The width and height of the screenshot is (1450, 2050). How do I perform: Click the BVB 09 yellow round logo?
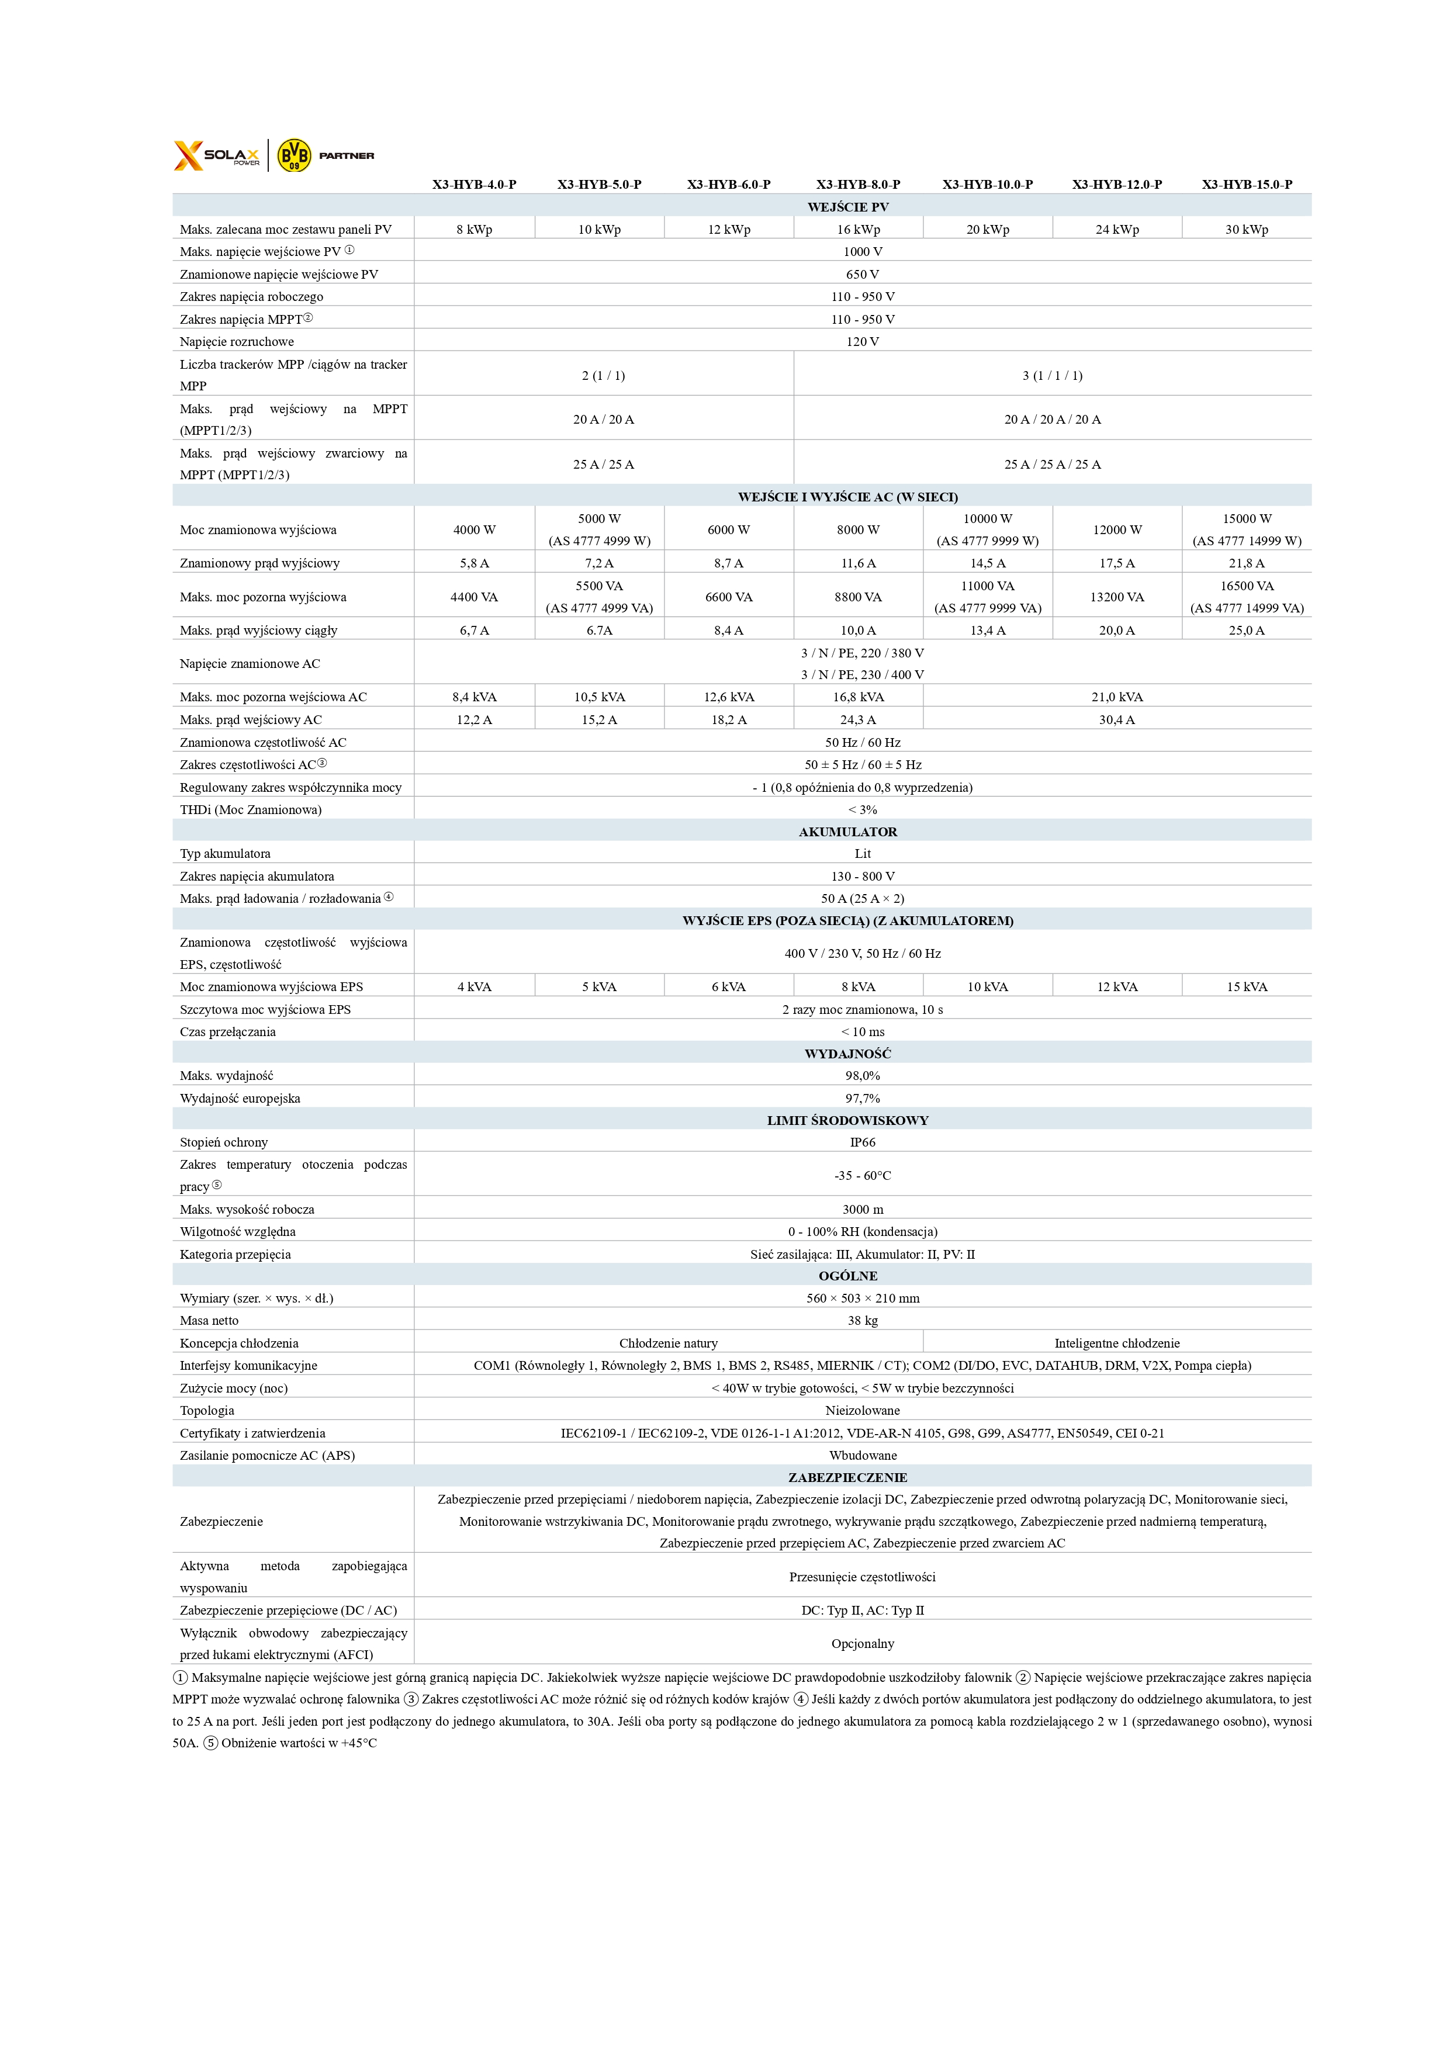(294, 155)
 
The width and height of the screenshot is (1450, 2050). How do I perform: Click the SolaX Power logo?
(217, 155)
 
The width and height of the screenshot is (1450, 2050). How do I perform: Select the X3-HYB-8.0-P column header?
(857, 185)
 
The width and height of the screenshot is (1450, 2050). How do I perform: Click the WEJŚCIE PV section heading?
(847, 207)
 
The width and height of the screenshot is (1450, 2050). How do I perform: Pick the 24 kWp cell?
(1117, 230)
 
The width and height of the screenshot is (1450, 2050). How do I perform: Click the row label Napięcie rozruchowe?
(237, 342)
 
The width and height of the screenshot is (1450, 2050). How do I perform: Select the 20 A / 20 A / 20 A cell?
(1052, 420)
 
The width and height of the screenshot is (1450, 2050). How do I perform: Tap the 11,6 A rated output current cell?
(857, 563)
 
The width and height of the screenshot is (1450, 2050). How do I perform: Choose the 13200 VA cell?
(1117, 597)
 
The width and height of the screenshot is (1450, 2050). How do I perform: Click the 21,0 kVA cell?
(1116, 697)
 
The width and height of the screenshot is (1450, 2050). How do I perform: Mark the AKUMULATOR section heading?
(847, 832)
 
